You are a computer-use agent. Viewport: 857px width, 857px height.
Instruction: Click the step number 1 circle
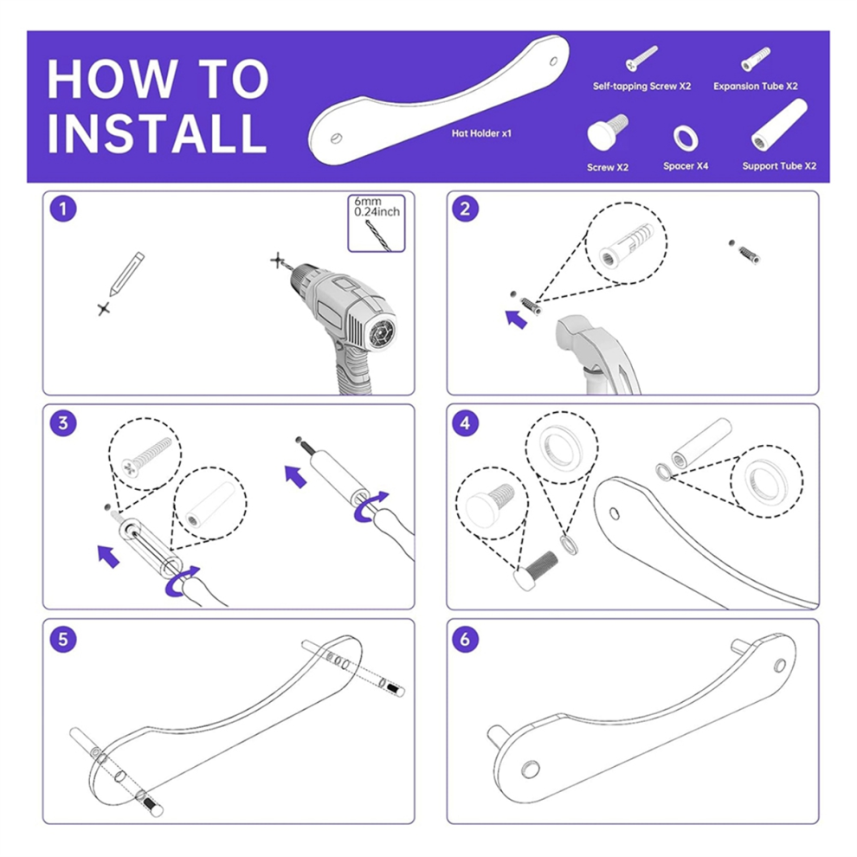point(63,209)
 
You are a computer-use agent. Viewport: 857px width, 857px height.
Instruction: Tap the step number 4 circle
point(465,422)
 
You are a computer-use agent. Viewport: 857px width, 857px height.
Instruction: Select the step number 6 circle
point(465,638)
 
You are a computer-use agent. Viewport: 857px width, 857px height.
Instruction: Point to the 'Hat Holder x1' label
point(481,133)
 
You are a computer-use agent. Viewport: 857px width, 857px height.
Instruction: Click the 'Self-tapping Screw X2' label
point(641,87)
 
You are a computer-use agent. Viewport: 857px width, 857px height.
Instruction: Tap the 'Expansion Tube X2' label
point(756,87)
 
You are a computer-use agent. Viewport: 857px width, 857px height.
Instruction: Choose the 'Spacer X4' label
point(686,166)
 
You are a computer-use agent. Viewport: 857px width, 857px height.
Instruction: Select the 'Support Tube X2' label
point(779,166)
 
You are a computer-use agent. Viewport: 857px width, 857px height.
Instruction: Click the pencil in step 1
point(126,274)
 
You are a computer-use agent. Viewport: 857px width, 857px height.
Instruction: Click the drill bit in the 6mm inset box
point(376,234)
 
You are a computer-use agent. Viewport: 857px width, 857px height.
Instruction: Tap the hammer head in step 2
point(578,334)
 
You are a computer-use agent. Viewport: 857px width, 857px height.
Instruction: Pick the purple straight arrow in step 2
point(516,319)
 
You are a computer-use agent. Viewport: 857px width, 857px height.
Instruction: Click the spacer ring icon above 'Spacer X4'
point(686,139)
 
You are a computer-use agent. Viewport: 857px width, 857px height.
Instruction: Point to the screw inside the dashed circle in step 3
point(146,456)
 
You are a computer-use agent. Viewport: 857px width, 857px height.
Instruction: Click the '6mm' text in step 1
point(367,202)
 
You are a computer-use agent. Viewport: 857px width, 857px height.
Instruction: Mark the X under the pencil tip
point(104,309)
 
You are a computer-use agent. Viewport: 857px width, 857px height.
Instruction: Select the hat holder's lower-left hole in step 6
point(530,770)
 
